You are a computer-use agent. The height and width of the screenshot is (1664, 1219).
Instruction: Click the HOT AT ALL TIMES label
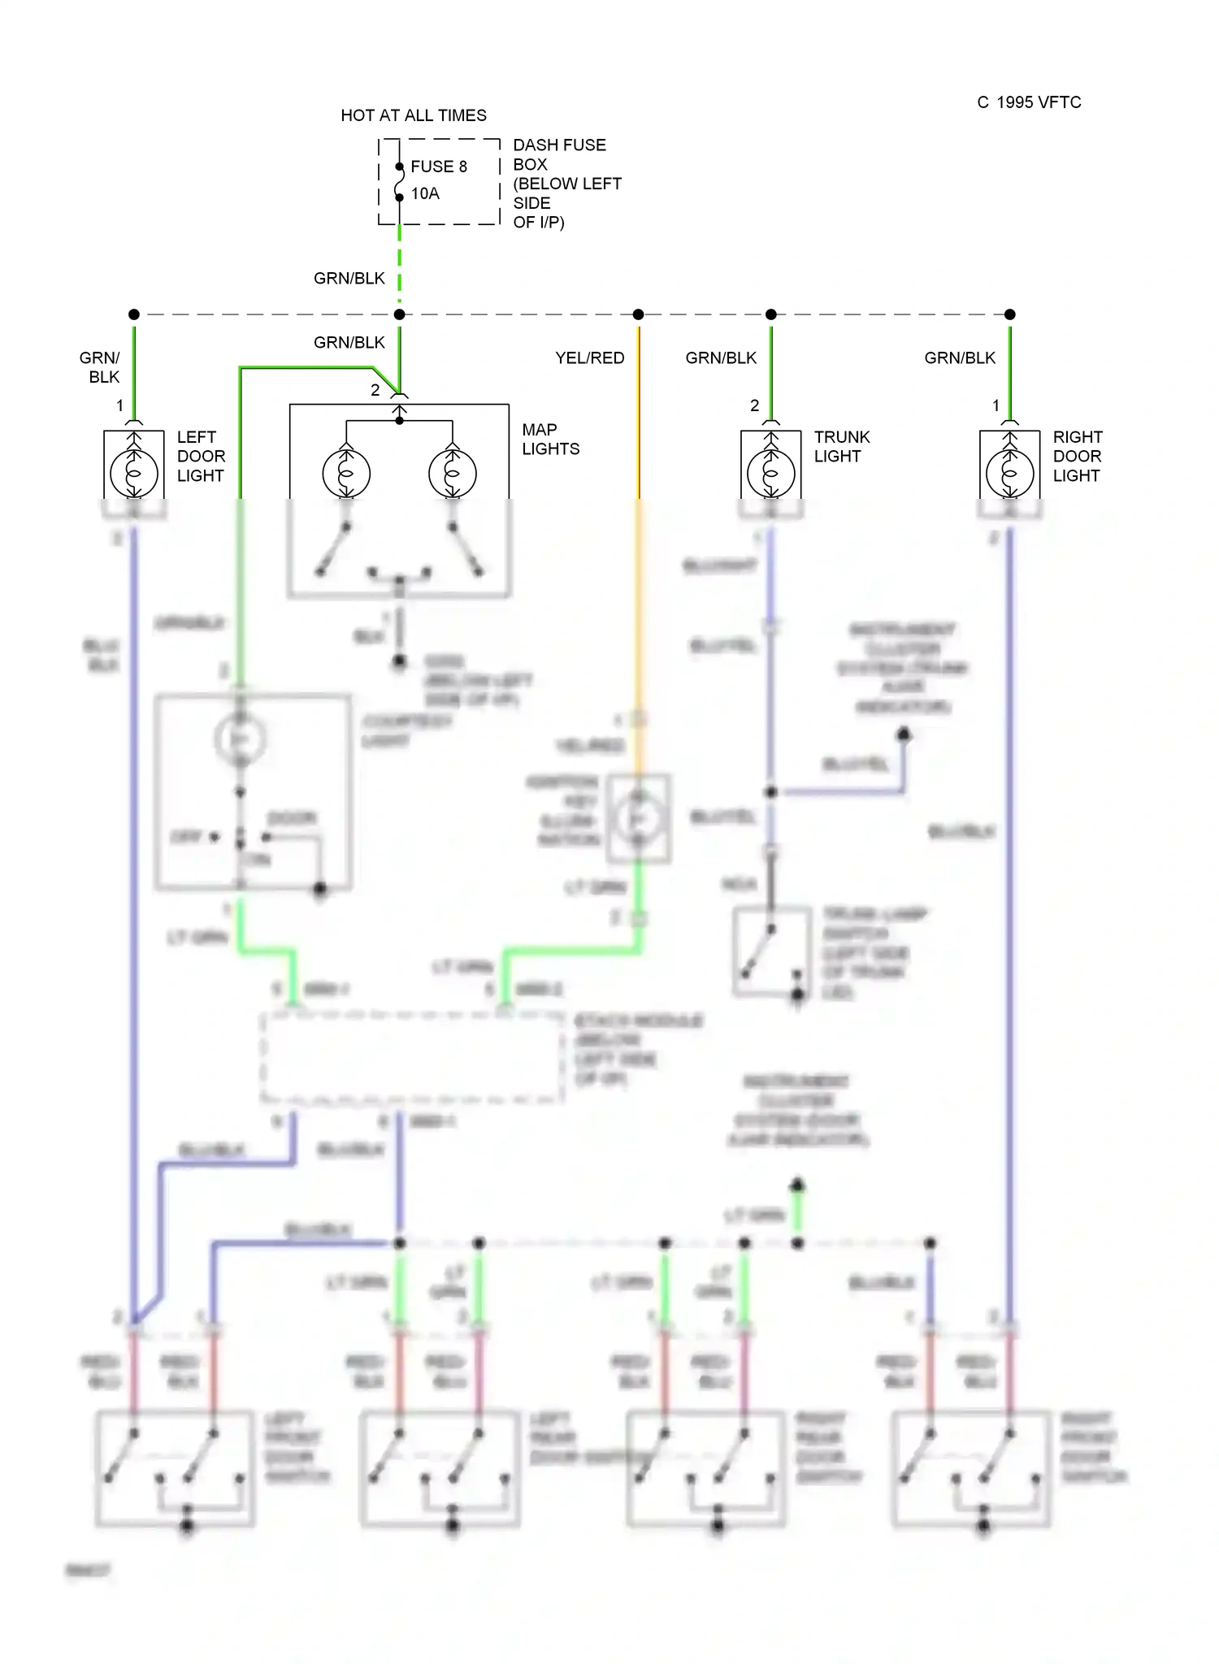tap(414, 115)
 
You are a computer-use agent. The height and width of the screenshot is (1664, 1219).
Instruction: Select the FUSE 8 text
tap(439, 167)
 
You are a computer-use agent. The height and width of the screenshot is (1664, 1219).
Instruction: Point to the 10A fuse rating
tap(425, 193)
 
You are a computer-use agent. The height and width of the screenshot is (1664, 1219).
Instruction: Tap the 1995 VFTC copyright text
tap(1029, 102)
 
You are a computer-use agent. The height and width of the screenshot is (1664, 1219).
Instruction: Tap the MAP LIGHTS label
tap(550, 439)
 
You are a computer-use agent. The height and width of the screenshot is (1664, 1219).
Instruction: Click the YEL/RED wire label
tap(590, 357)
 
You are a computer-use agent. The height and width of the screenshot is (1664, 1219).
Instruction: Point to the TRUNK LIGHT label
tap(842, 446)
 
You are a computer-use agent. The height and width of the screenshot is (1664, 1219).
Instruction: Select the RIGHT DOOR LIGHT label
tap(1078, 456)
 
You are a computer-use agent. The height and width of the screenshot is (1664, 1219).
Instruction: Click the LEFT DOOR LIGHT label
tap(201, 456)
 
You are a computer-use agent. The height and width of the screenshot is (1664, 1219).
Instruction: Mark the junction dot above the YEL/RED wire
tap(639, 314)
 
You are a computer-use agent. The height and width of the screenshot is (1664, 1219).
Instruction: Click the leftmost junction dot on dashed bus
tap(134, 314)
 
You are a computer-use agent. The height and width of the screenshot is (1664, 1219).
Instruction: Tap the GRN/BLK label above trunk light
tap(721, 357)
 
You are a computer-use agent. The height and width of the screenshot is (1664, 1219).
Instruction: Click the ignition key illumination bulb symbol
tap(639, 819)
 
